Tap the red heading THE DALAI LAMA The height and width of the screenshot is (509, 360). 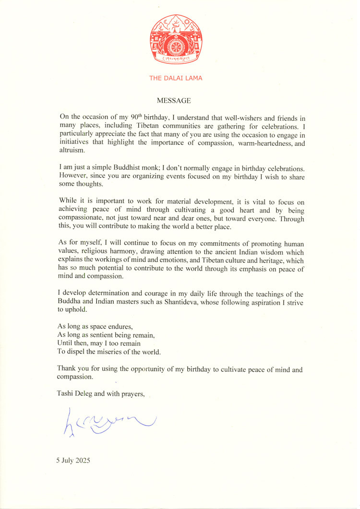pyautogui.click(x=175, y=78)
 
